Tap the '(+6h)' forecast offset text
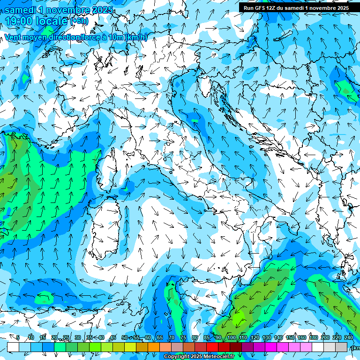(x=79, y=21)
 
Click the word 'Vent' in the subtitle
(x=14, y=37)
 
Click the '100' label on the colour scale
(x=231, y=338)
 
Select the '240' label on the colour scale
(x=349, y=338)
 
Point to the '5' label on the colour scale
(x=18, y=338)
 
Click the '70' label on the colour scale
(x=172, y=338)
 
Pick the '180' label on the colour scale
(x=313, y=338)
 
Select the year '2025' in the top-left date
(x=99, y=10)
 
